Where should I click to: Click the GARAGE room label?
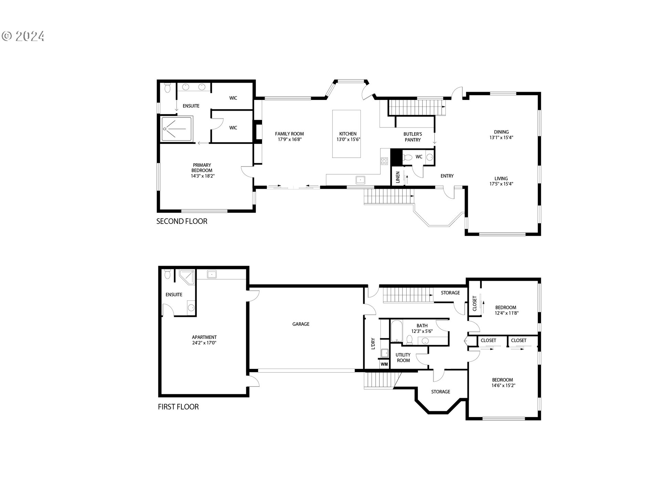point(301,324)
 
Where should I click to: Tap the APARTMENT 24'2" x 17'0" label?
point(204,340)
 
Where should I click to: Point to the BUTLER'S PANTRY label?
point(412,137)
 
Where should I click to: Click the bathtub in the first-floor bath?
point(396,331)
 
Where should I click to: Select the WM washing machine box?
point(384,364)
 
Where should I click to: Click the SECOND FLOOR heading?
point(182,221)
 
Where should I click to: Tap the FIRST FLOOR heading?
point(178,407)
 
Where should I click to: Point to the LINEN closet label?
point(398,177)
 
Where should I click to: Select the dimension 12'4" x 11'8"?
point(506,313)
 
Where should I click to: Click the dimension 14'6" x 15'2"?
point(503,386)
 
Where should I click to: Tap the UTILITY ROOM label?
point(403,358)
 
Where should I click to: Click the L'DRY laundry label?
point(373,344)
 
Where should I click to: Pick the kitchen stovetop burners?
point(384,161)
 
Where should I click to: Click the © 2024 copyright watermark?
point(23,36)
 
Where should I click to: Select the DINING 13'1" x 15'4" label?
point(501,135)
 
